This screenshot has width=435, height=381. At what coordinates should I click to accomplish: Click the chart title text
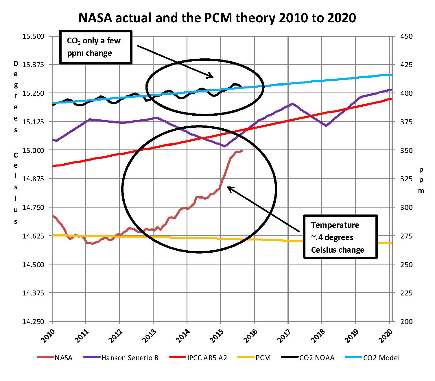pos(217,18)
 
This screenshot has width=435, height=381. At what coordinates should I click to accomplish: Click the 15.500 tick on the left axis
pos(33,36)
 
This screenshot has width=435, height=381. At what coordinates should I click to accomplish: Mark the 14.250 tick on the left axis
pos(33,321)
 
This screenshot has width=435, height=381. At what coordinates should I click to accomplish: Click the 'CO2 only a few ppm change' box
pos(96,47)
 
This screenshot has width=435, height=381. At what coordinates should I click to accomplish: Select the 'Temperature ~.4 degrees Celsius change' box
pos(340,237)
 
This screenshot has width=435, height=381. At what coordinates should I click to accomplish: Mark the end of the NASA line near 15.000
pos(242,151)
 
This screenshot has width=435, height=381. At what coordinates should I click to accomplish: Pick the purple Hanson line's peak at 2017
pos(292,103)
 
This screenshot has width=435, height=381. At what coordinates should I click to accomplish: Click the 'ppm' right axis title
pos(421,180)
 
